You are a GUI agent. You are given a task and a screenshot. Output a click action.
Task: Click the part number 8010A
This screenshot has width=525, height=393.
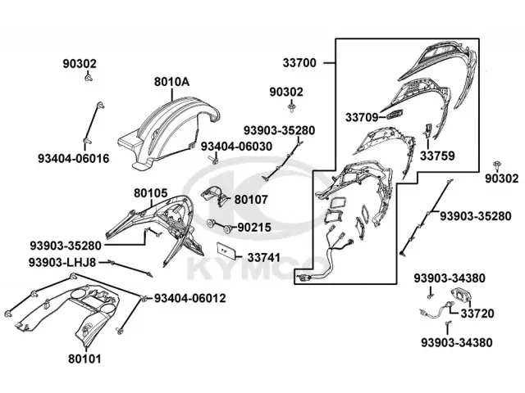[x=171, y=82]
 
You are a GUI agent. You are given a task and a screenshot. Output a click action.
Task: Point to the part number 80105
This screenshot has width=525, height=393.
[x=151, y=194]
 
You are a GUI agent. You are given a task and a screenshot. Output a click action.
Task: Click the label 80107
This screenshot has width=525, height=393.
[x=251, y=198]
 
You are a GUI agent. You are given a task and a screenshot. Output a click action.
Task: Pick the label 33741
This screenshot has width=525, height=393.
[x=264, y=257]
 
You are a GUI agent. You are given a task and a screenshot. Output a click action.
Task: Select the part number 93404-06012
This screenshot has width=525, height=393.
[x=190, y=297]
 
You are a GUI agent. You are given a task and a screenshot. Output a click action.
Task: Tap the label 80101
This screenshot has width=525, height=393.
[x=84, y=357]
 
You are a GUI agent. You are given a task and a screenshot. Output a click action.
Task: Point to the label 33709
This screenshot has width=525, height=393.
[x=361, y=118]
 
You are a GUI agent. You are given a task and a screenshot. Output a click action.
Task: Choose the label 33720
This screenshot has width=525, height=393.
[x=477, y=314]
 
